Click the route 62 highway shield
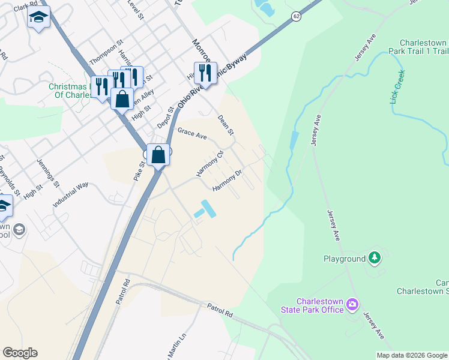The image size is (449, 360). click(x=297, y=16)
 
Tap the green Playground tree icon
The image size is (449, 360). click(x=375, y=258)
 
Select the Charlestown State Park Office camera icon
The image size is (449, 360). click(x=352, y=305)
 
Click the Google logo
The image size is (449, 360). click(x=20, y=353)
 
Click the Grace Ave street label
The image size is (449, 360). click(x=191, y=134)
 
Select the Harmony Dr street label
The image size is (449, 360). click(x=227, y=181)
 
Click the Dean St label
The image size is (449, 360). click(x=225, y=126)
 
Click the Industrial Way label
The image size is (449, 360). click(x=70, y=194)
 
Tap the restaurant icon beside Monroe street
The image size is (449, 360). click(x=205, y=73)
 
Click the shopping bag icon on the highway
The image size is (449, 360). click(x=158, y=155)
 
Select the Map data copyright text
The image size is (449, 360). click(x=412, y=355)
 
